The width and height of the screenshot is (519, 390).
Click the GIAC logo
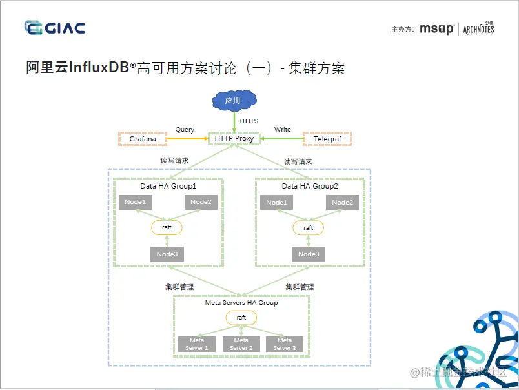click(x=54, y=27)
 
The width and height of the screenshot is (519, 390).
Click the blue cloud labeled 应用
click(x=233, y=100)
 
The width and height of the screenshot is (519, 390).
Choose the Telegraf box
click(x=327, y=138)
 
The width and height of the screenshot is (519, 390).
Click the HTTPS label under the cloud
click(x=249, y=121)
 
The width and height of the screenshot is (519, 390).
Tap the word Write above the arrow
click(x=282, y=130)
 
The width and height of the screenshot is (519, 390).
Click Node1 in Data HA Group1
click(x=136, y=202)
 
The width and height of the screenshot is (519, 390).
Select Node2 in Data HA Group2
click(x=342, y=203)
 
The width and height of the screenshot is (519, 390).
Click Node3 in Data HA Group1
click(x=167, y=254)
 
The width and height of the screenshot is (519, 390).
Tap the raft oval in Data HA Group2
click(x=309, y=227)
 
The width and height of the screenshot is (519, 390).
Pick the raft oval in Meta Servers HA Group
click(x=241, y=318)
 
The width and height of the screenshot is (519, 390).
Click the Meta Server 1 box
click(x=197, y=344)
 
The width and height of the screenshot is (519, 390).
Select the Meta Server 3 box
click(x=284, y=344)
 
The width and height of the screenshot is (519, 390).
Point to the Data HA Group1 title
click(x=168, y=186)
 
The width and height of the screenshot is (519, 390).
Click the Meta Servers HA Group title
click(x=241, y=302)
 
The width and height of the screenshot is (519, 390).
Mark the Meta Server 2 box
click(x=241, y=344)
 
